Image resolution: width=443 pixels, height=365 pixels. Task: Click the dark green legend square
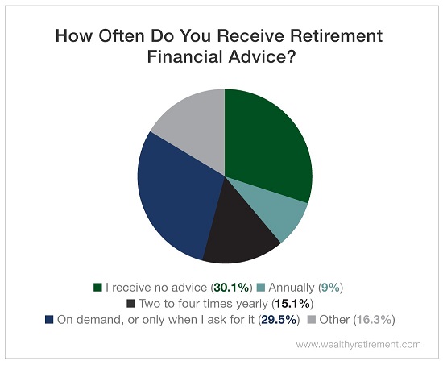pos(97,288)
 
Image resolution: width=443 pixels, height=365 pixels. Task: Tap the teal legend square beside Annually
pos(261,288)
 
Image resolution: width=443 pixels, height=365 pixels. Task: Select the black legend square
pos(130,304)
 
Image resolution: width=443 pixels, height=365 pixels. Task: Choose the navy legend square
pos(49,320)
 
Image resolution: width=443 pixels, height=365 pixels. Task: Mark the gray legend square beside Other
pos(312,320)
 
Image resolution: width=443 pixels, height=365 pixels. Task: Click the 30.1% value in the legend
pos(232,288)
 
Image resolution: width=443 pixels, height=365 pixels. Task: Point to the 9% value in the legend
pos(330,288)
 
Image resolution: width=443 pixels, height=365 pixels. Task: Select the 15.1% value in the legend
pos(292,304)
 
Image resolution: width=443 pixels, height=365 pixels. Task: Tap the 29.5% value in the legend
pos(279,320)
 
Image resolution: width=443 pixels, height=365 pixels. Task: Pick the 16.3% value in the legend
pos(374,320)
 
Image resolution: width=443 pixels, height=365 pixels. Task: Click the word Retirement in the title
pos(334,36)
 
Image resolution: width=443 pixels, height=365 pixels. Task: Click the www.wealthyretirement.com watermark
pos(358,345)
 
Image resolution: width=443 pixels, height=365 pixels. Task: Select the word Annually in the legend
pos(292,288)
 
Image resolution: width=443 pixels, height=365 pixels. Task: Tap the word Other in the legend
pos(334,320)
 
